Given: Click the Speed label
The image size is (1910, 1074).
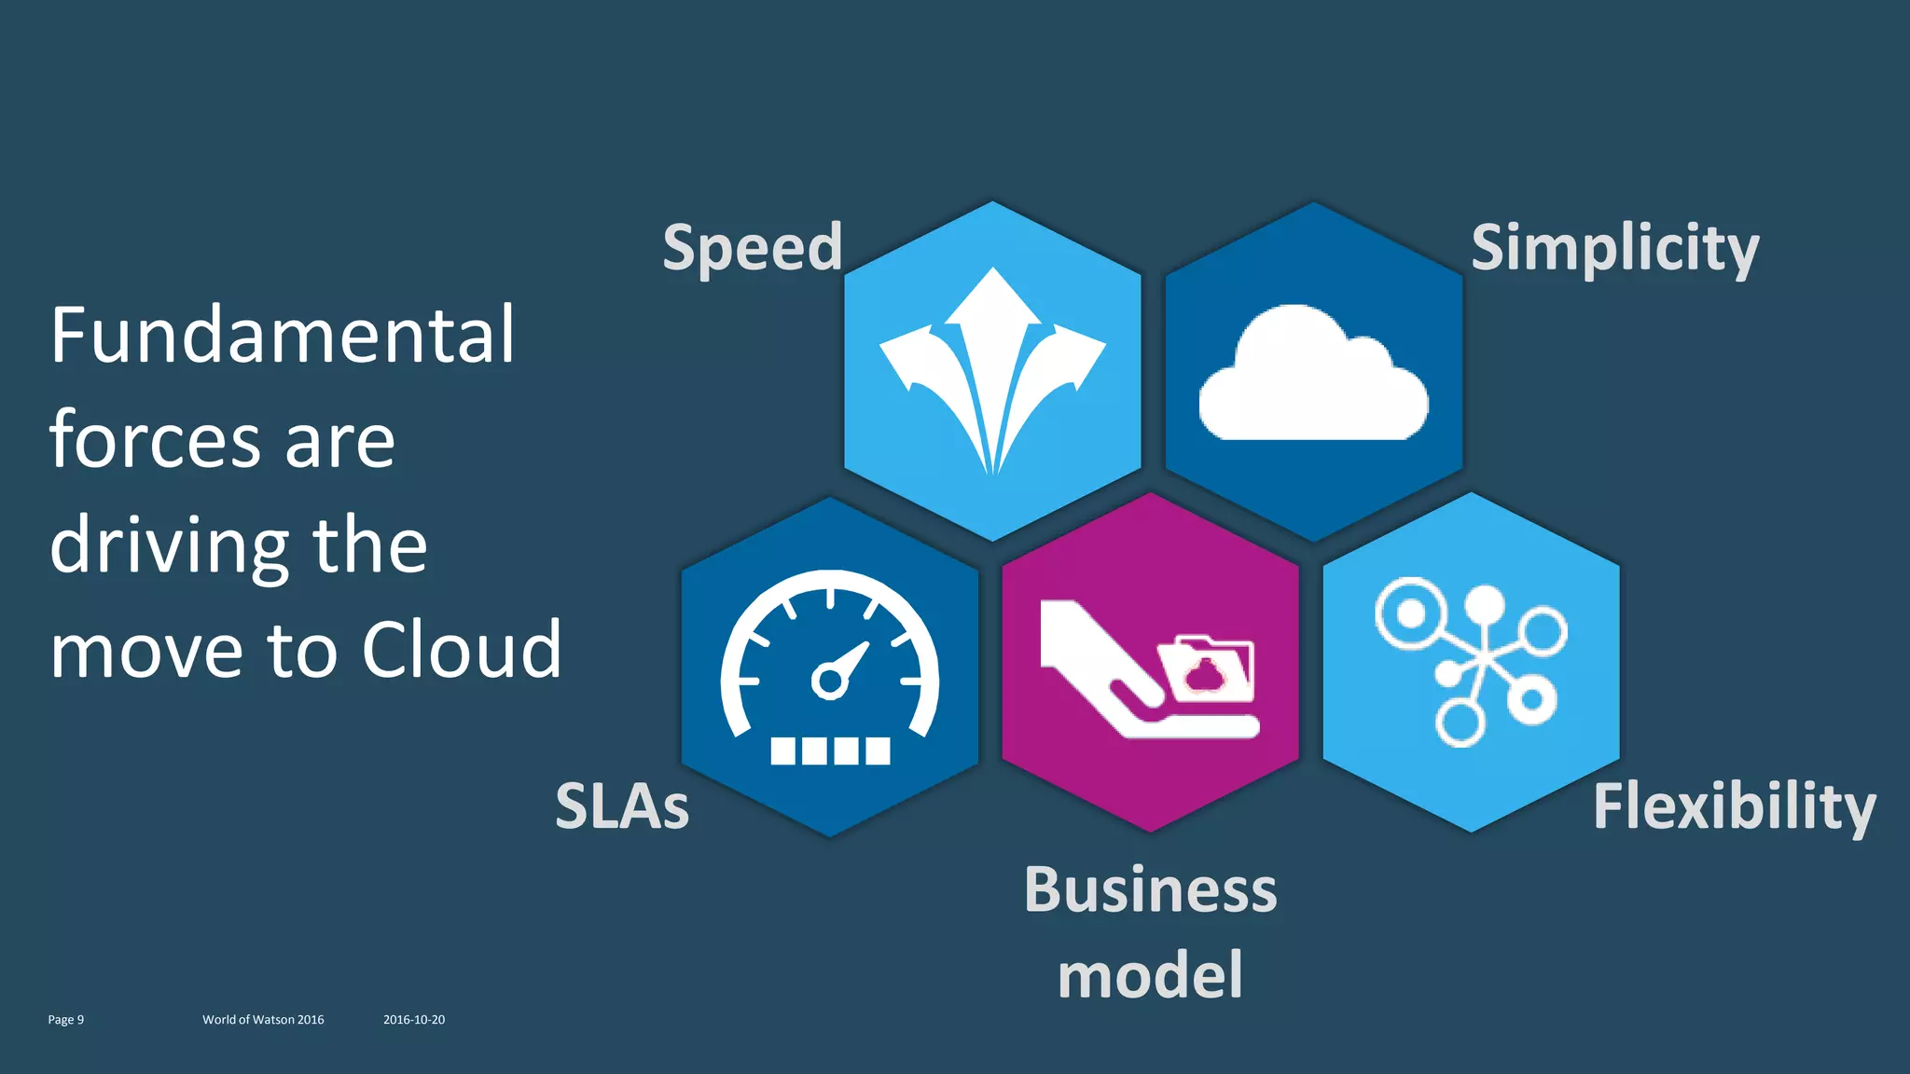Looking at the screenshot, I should point(752,248).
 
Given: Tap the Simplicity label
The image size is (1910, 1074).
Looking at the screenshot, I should point(1614,248).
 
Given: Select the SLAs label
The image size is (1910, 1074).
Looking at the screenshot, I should point(622,805).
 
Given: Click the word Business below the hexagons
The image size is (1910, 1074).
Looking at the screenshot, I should point(1150,889).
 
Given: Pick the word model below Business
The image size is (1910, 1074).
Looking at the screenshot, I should point(1150,974).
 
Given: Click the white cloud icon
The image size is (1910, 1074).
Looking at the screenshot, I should point(1313,378).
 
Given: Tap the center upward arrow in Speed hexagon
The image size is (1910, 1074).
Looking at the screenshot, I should point(992,308).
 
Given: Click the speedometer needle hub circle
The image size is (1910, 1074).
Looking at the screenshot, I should point(828,681).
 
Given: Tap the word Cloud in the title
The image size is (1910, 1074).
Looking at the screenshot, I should point(462,649).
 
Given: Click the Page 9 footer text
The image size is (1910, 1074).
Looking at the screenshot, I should point(65,1020).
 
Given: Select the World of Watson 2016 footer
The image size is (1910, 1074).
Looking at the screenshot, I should point(263,1020).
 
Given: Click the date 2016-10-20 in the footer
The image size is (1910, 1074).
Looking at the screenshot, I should point(414,1020).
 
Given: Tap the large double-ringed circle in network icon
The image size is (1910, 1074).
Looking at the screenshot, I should point(1411,613).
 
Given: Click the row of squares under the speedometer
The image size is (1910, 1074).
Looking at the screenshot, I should point(830,750).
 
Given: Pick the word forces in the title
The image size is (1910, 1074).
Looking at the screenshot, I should point(155,440).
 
